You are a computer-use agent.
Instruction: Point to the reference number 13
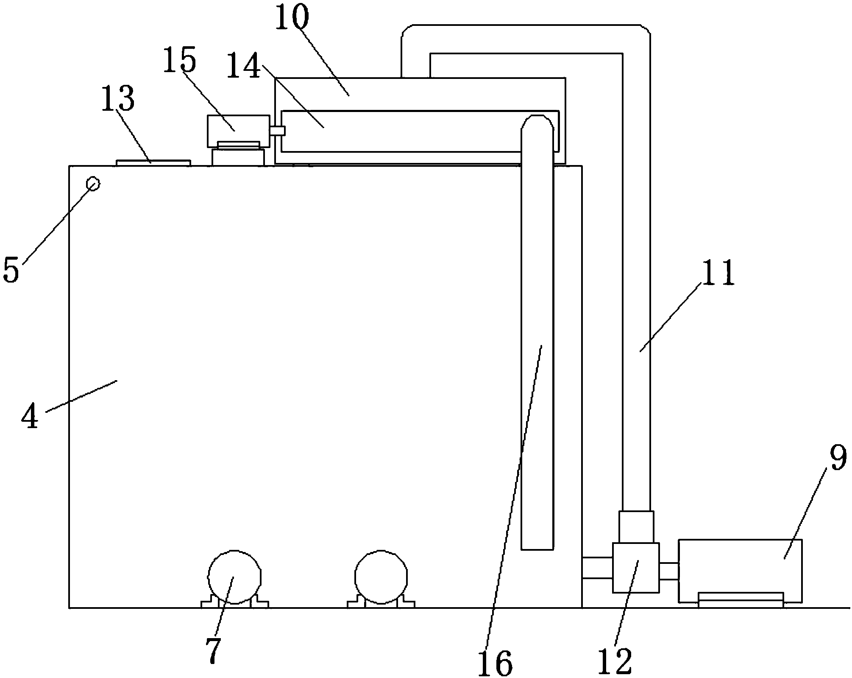(118, 99)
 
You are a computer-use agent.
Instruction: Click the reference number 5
(11, 269)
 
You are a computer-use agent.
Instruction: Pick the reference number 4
(31, 416)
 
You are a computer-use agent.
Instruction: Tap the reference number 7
(213, 650)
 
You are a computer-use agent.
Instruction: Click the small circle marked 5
(93, 184)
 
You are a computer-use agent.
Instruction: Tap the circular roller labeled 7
(234, 577)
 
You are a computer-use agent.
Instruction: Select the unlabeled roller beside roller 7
(381, 577)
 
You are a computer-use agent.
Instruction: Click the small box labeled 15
(238, 131)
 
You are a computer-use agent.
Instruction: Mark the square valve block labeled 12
(635, 568)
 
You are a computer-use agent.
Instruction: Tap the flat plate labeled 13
(153, 163)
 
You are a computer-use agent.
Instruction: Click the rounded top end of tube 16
(537, 124)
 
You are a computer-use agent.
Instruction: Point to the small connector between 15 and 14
(278, 131)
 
